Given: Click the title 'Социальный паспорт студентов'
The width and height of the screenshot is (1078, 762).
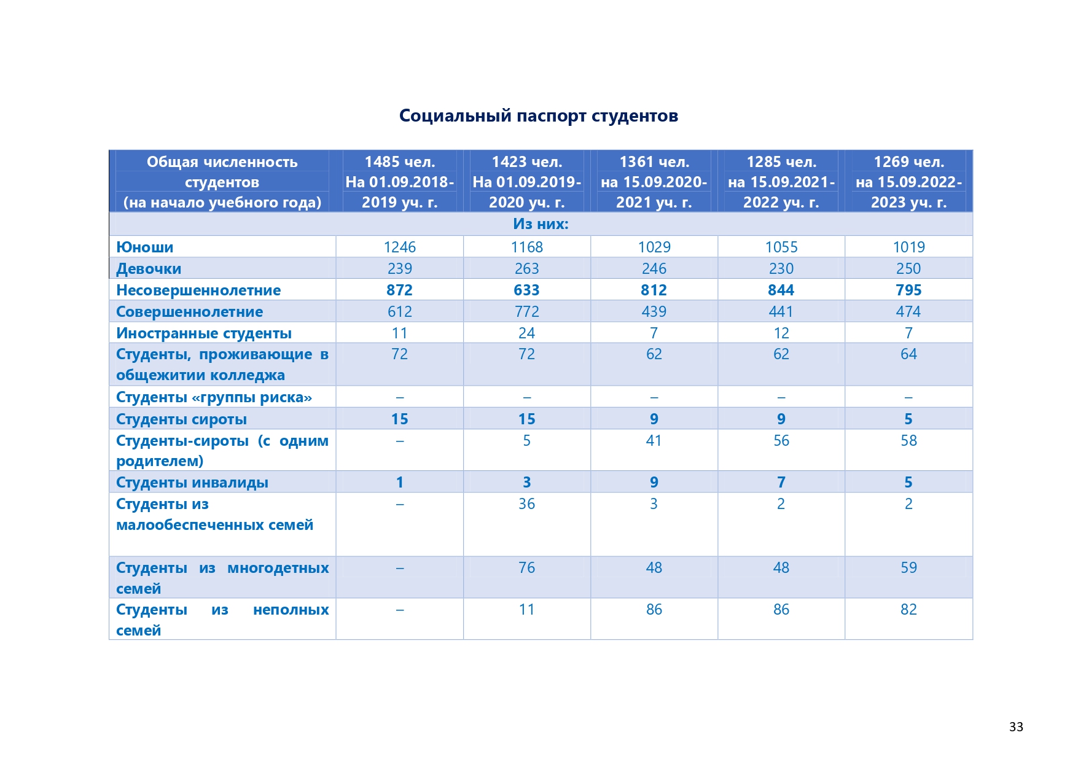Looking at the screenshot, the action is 539,115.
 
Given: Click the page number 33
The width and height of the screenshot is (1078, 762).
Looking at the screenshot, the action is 1016,727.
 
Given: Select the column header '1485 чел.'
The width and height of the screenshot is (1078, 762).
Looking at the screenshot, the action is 400,161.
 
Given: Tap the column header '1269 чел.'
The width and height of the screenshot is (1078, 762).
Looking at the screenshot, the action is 908,161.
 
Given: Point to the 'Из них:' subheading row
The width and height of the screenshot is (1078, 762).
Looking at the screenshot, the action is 541,224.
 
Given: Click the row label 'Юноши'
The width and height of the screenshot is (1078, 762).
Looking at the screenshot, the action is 145,247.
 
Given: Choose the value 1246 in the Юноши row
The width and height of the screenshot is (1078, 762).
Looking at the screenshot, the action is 400,247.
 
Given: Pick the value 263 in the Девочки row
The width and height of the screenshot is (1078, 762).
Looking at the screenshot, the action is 527,268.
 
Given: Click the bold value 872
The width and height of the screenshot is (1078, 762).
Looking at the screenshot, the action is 400,290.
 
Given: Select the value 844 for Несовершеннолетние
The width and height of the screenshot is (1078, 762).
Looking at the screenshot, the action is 781,290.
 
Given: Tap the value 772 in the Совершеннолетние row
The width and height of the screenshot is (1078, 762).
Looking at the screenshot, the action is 527,311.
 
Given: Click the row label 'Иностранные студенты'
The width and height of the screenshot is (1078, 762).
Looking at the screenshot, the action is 204,333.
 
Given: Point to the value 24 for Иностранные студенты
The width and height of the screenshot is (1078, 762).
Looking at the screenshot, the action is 527,333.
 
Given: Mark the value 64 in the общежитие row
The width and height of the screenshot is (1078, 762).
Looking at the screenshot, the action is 908,354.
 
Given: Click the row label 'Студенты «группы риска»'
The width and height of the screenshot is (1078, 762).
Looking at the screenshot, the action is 214,397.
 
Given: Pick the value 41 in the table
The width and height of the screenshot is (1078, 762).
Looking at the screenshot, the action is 654,440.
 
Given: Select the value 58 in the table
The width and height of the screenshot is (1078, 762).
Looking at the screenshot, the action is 908,440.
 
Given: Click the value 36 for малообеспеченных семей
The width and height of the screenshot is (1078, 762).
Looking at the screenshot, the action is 527,503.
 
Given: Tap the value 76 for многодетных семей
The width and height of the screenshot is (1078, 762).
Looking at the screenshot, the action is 527,567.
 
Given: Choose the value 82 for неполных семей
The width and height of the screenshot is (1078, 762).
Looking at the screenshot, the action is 908,609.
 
